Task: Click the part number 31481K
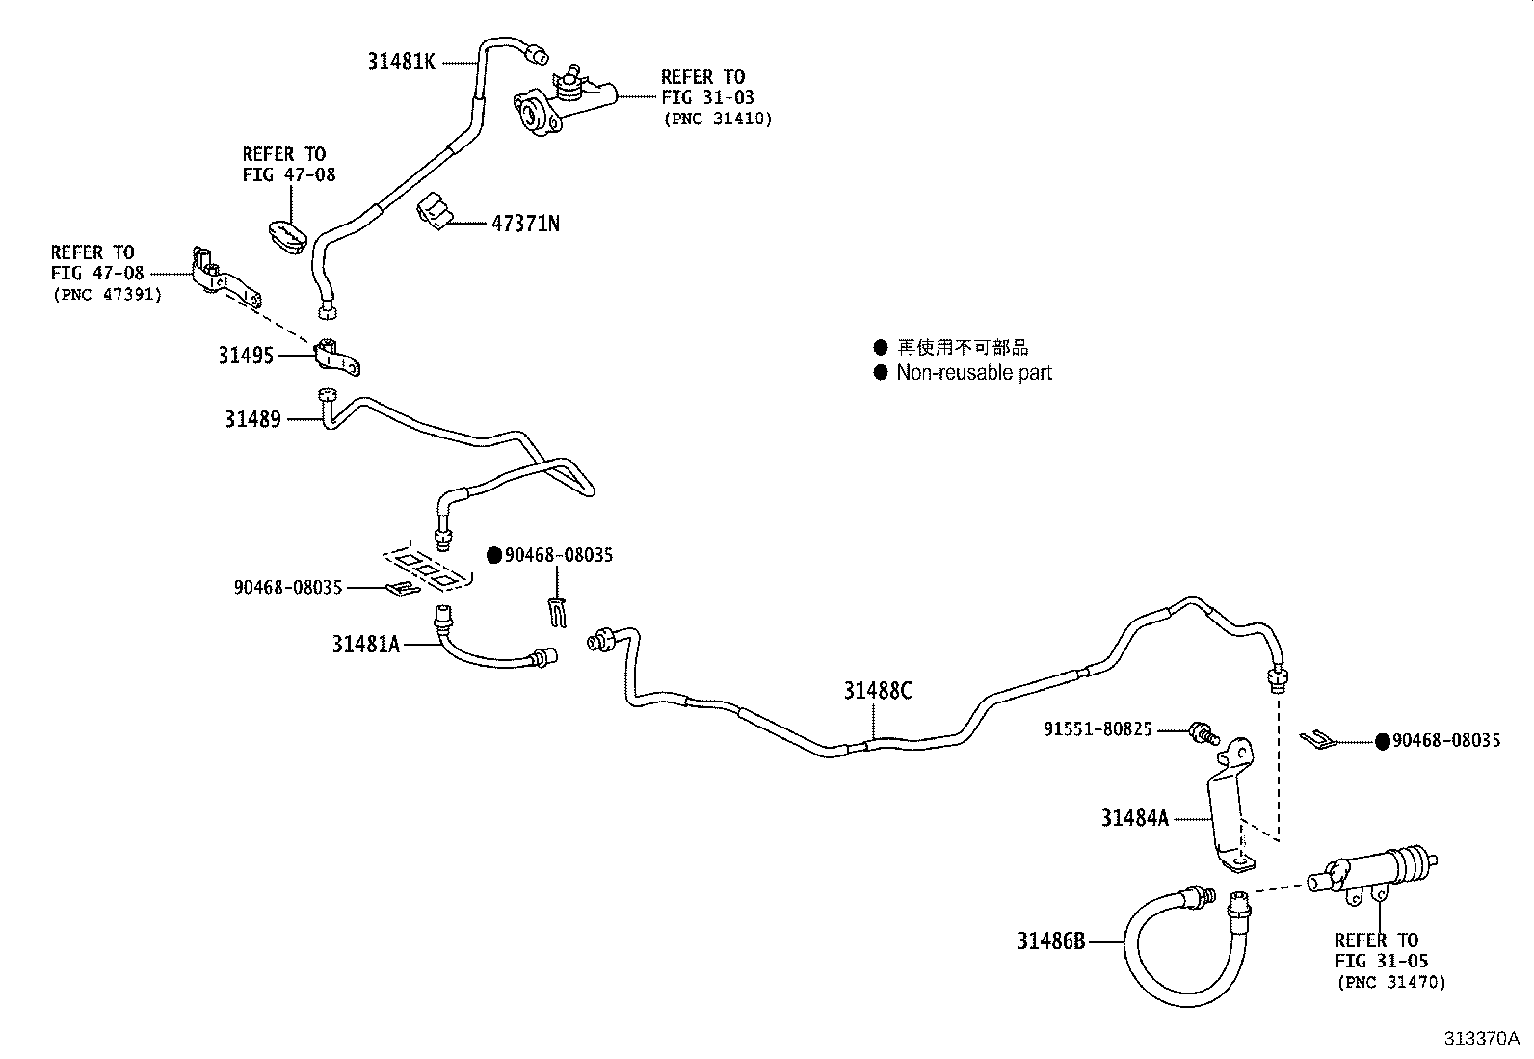coord(401,62)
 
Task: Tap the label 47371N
coord(525,224)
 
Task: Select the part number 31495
coord(246,356)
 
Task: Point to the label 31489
coord(252,419)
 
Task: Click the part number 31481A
coord(365,644)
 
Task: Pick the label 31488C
coord(877,691)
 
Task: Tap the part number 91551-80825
coord(1098,729)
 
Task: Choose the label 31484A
coord(1134,818)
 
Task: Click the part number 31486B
coord(1051,940)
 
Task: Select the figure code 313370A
coord(1480,1039)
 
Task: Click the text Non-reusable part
coord(974,373)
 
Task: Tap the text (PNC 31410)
coord(717,119)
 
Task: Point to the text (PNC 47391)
coord(107,295)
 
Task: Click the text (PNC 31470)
coord(1390,983)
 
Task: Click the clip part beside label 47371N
coord(435,211)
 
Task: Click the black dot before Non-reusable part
coord(880,373)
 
